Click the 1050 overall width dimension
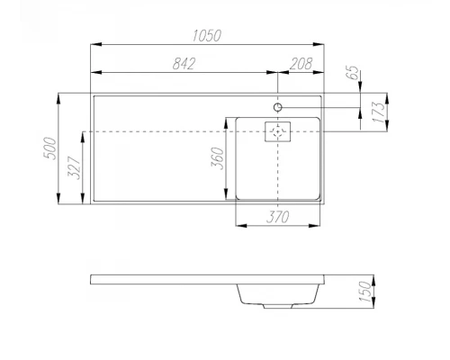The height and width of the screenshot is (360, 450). tap(207, 35)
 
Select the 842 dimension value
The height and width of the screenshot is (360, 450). tap(184, 64)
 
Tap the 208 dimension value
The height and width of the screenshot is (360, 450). tap(301, 64)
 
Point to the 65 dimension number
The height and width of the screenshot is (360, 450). tap(353, 73)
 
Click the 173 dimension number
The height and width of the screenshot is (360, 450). tap(378, 112)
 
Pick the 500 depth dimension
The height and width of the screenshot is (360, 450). tap(49, 148)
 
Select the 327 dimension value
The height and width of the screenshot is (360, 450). tap(74, 168)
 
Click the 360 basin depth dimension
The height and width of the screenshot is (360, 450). tap(218, 158)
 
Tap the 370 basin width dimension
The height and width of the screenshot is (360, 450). tap(277, 217)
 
